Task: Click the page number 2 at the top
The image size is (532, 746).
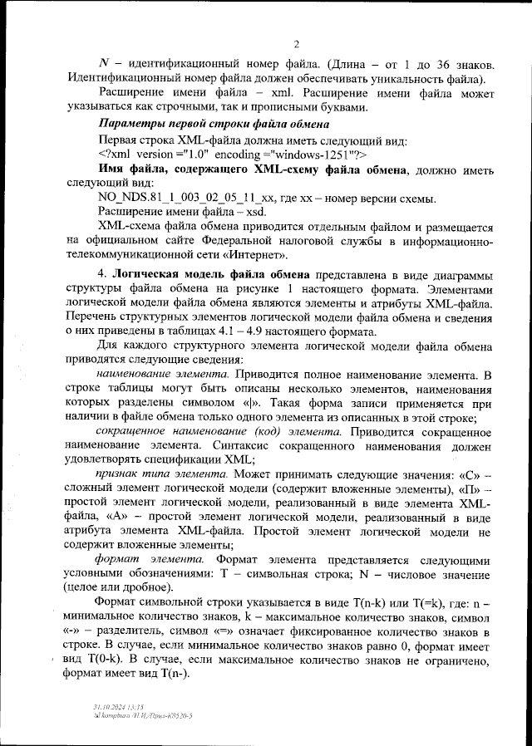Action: point(296,44)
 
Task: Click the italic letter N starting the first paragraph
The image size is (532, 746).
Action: point(104,64)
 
